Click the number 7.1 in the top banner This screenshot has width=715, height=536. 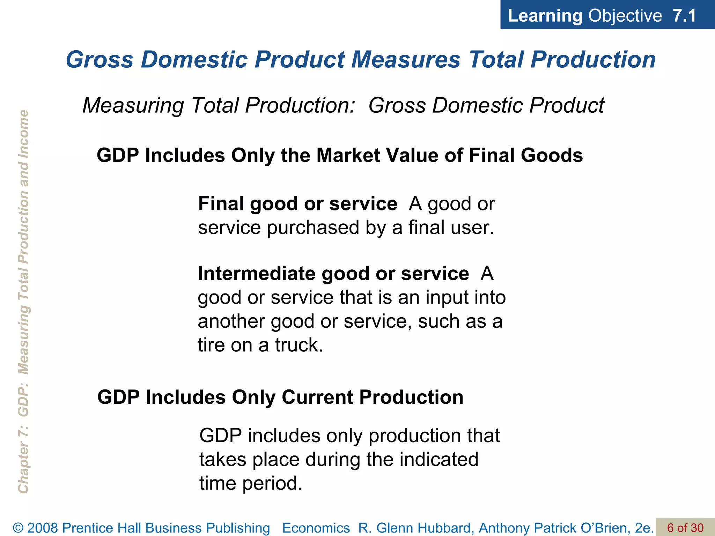(684, 16)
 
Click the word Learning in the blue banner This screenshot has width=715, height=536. (545, 16)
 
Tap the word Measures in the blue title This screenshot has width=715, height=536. (406, 59)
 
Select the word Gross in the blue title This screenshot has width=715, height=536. (99, 59)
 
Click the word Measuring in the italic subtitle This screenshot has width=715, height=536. (133, 105)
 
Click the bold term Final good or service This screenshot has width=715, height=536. (297, 203)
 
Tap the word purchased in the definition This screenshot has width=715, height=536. (313, 228)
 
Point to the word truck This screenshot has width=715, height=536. (299, 345)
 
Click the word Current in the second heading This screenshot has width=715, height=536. (317, 397)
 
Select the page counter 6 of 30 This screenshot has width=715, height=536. (685, 528)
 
